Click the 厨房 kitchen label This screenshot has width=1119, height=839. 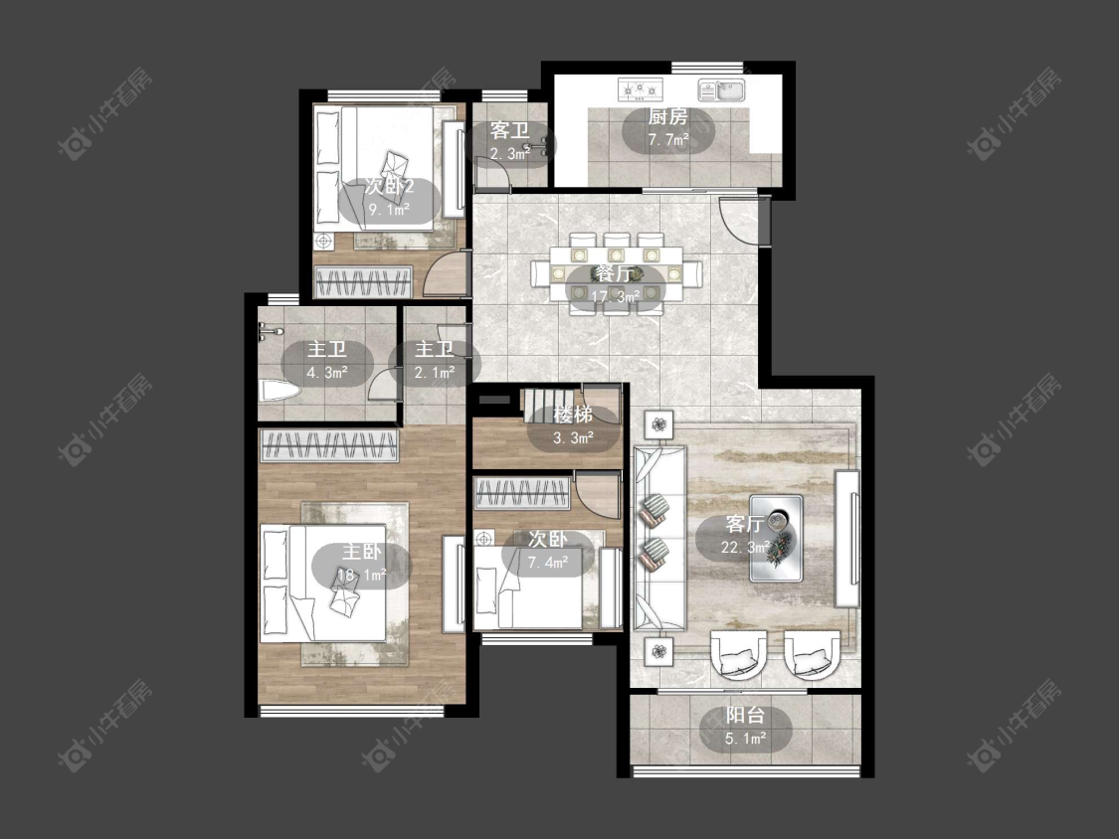[x=667, y=116]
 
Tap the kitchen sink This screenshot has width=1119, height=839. [x=721, y=89]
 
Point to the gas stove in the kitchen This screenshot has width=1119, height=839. [x=641, y=88]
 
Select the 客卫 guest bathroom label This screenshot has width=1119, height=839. [x=509, y=130]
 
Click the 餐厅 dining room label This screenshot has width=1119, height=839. [x=615, y=273]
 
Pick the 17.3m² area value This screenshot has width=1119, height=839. [x=615, y=295]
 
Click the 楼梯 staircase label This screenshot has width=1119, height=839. [x=573, y=415]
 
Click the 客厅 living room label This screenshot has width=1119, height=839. [x=745, y=525]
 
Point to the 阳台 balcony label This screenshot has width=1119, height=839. [x=745, y=715]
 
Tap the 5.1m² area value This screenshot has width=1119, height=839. [x=746, y=739]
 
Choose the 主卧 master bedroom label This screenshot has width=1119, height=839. [x=362, y=552]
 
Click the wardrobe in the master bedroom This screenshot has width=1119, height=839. [x=328, y=446]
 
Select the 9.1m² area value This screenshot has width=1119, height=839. [x=389, y=209]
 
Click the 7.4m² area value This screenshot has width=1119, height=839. [x=548, y=563]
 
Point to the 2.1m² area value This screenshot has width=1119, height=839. [x=435, y=373]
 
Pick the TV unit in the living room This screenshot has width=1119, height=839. [x=847, y=539]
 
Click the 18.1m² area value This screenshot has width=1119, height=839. [x=362, y=575]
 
